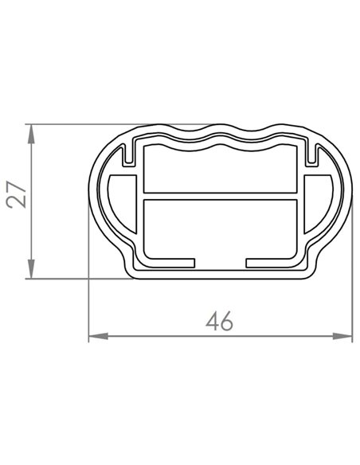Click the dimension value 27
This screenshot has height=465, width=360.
coord(18,194)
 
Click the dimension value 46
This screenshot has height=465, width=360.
coord(219,322)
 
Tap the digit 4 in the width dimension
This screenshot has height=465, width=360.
coord(212,322)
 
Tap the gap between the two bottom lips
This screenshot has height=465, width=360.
coord(221,262)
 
